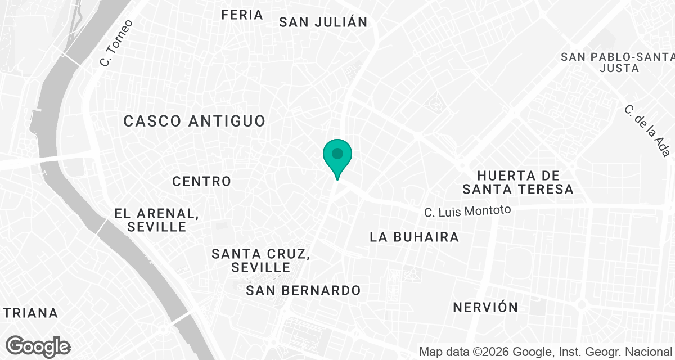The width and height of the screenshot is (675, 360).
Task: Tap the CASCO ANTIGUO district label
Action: tap(194, 121)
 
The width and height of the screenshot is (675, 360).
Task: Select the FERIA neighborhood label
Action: tap(242, 15)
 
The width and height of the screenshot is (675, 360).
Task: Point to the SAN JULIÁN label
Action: tap(323, 22)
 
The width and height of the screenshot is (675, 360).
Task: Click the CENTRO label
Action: tap(202, 181)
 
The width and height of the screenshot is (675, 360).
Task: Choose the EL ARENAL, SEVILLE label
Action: tap(157, 220)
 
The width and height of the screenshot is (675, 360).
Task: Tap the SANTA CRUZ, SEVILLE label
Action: tap(260, 260)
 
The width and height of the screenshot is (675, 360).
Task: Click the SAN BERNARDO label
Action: tap(303, 290)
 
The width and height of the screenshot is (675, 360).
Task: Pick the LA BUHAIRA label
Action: tap(414, 237)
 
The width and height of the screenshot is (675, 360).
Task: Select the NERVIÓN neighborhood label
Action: tap(485, 307)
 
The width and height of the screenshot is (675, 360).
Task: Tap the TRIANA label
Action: tap(29, 313)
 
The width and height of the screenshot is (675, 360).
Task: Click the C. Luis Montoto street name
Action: tap(467, 211)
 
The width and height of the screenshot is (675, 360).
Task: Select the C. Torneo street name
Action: tap(116, 43)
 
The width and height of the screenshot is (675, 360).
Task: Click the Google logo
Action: tap(38, 346)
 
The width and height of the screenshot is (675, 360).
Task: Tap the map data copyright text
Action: tap(546, 352)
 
